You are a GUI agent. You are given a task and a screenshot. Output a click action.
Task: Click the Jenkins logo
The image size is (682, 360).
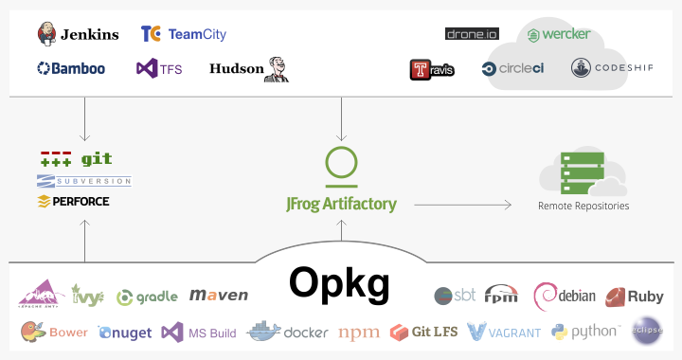point(78,34)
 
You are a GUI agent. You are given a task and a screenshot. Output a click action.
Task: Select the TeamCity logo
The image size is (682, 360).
point(183,34)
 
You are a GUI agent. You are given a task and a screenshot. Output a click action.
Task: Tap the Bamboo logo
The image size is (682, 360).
point(71,68)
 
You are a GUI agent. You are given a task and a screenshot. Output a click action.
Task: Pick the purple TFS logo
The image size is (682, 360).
point(159,68)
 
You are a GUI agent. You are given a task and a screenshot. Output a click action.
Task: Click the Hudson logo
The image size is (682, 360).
point(248,68)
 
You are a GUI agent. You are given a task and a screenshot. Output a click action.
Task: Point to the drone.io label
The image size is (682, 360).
point(471,34)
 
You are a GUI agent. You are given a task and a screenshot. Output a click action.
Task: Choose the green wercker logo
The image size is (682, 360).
point(559,34)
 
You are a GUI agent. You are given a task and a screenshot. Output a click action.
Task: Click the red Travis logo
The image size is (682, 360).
point(432,69)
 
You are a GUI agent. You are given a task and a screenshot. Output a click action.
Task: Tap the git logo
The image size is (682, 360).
point(70,159)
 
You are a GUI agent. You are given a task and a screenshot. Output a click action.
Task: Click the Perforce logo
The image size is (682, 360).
point(73,201)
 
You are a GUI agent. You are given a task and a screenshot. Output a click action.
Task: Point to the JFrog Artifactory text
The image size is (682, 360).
point(341,203)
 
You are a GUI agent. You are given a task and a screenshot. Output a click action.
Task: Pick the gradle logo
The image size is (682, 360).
point(147,297)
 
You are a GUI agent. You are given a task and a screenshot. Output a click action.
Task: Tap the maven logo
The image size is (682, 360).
point(219,296)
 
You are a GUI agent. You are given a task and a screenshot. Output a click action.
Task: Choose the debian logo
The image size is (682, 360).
point(565,296)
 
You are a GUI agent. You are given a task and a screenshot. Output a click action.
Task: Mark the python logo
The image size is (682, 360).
point(584,331)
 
